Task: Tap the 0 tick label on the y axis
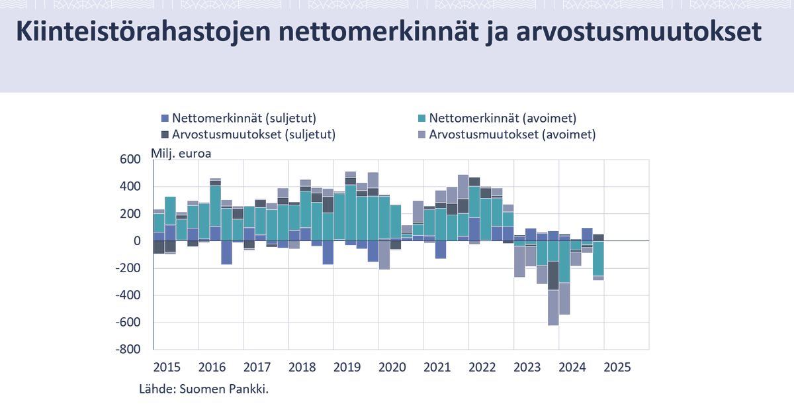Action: (138, 241)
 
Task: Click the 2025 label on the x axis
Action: (616, 367)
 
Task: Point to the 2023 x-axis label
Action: (526, 367)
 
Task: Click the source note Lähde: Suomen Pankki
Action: (204, 388)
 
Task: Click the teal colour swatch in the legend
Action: (422, 119)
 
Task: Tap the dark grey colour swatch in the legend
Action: (165, 134)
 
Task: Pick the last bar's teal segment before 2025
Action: (598, 258)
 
